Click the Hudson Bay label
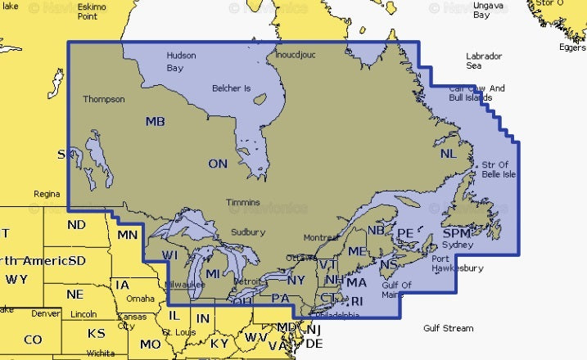tap(180, 61)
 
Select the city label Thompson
tap(103, 99)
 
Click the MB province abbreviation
tap(155, 122)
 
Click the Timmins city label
tap(243, 202)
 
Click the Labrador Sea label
tap(485, 60)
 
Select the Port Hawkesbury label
tap(457, 263)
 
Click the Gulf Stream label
tap(448, 328)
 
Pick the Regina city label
tap(46, 194)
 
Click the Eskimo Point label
tap(93, 11)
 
